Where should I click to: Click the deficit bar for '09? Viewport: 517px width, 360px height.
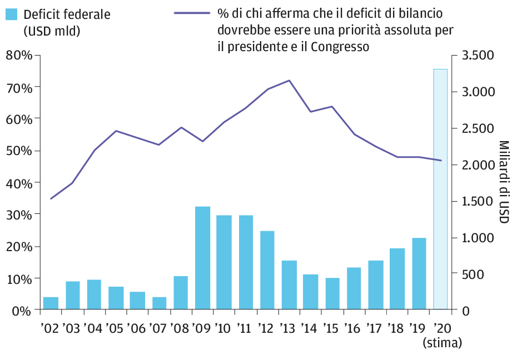(203, 258)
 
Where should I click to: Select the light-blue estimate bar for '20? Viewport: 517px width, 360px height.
(440, 189)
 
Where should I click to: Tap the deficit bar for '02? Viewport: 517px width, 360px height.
(51, 303)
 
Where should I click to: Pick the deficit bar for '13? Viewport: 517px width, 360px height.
(290, 285)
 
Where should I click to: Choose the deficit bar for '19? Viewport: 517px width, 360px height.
(419, 273)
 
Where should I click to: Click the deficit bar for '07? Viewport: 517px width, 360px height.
(160, 303)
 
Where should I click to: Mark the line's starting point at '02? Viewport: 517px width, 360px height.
(51, 198)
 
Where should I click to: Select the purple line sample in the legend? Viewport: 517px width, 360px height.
(192, 13)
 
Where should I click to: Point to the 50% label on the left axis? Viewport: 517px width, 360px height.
(18, 151)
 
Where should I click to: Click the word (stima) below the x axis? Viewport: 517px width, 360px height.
(442, 342)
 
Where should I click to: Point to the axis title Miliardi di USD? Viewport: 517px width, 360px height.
(503, 182)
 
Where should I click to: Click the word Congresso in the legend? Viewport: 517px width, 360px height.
(340, 47)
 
